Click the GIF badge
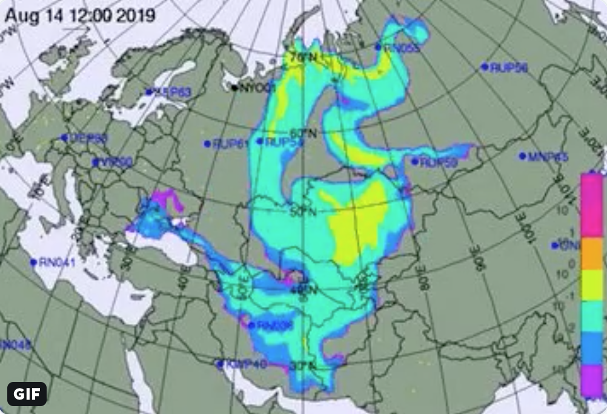pos(27,394)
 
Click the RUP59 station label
pos(439,162)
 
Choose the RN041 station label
pos(57,263)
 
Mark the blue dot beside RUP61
pos(207,144)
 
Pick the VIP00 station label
pos(116,162)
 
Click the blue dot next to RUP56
pos(485,67)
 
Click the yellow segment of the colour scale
pos(591,284)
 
